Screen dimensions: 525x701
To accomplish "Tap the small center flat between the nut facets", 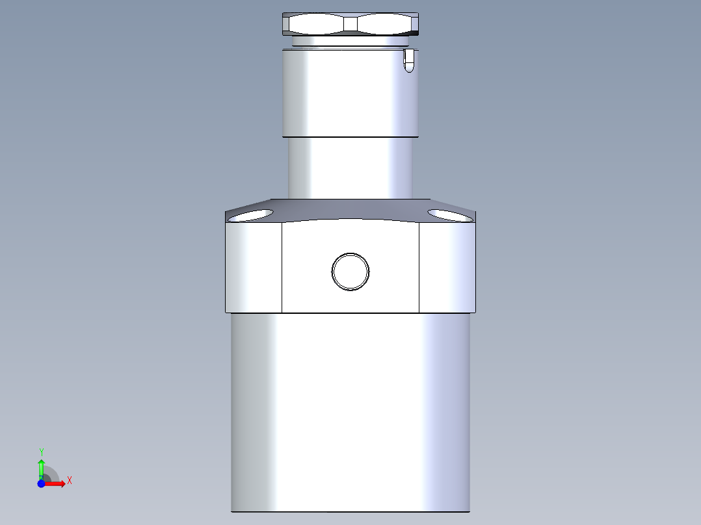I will [x=351, y=25].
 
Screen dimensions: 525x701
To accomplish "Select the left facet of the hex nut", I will [x=315, y=25].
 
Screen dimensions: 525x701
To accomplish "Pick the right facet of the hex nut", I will [x=387, y=25].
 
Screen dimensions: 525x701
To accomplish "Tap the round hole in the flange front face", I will [x=350, y=271].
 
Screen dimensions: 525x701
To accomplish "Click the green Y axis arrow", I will [x=41, y=467].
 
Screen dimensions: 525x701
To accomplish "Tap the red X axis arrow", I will [x=57, y=483].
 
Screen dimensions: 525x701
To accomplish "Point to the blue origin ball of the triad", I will [x=42, y=483].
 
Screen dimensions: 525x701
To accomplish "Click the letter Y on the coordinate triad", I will [x=42, y=451].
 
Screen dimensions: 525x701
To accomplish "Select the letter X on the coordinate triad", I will [x=69, y=481].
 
